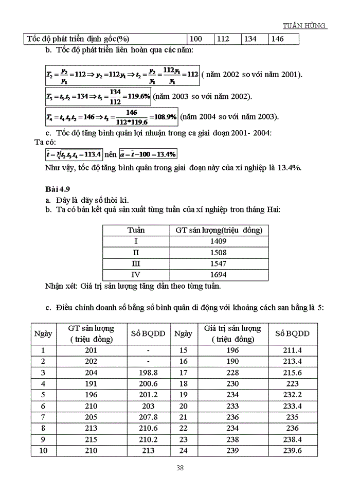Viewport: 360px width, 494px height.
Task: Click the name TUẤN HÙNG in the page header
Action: [x=305, y=26]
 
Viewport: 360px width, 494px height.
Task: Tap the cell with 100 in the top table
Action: [x=196, y=39]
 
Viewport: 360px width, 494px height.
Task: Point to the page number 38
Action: [x=180, y=468]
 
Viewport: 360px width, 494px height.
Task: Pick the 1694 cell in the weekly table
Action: [x=219, y=275]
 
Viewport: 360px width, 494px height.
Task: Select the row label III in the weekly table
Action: [x=136, y=263]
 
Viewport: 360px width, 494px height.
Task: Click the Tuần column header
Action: [x=136, y=230]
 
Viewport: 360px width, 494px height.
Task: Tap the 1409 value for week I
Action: [x=219, y=241]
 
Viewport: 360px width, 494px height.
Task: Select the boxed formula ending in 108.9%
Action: [x=111, y=116]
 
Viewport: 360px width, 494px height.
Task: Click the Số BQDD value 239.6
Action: [x=292, y=451]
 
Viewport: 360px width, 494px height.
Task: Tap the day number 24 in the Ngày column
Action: [x=183, y=451]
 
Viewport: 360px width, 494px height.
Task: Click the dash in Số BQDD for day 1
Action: [x=148, y=350]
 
